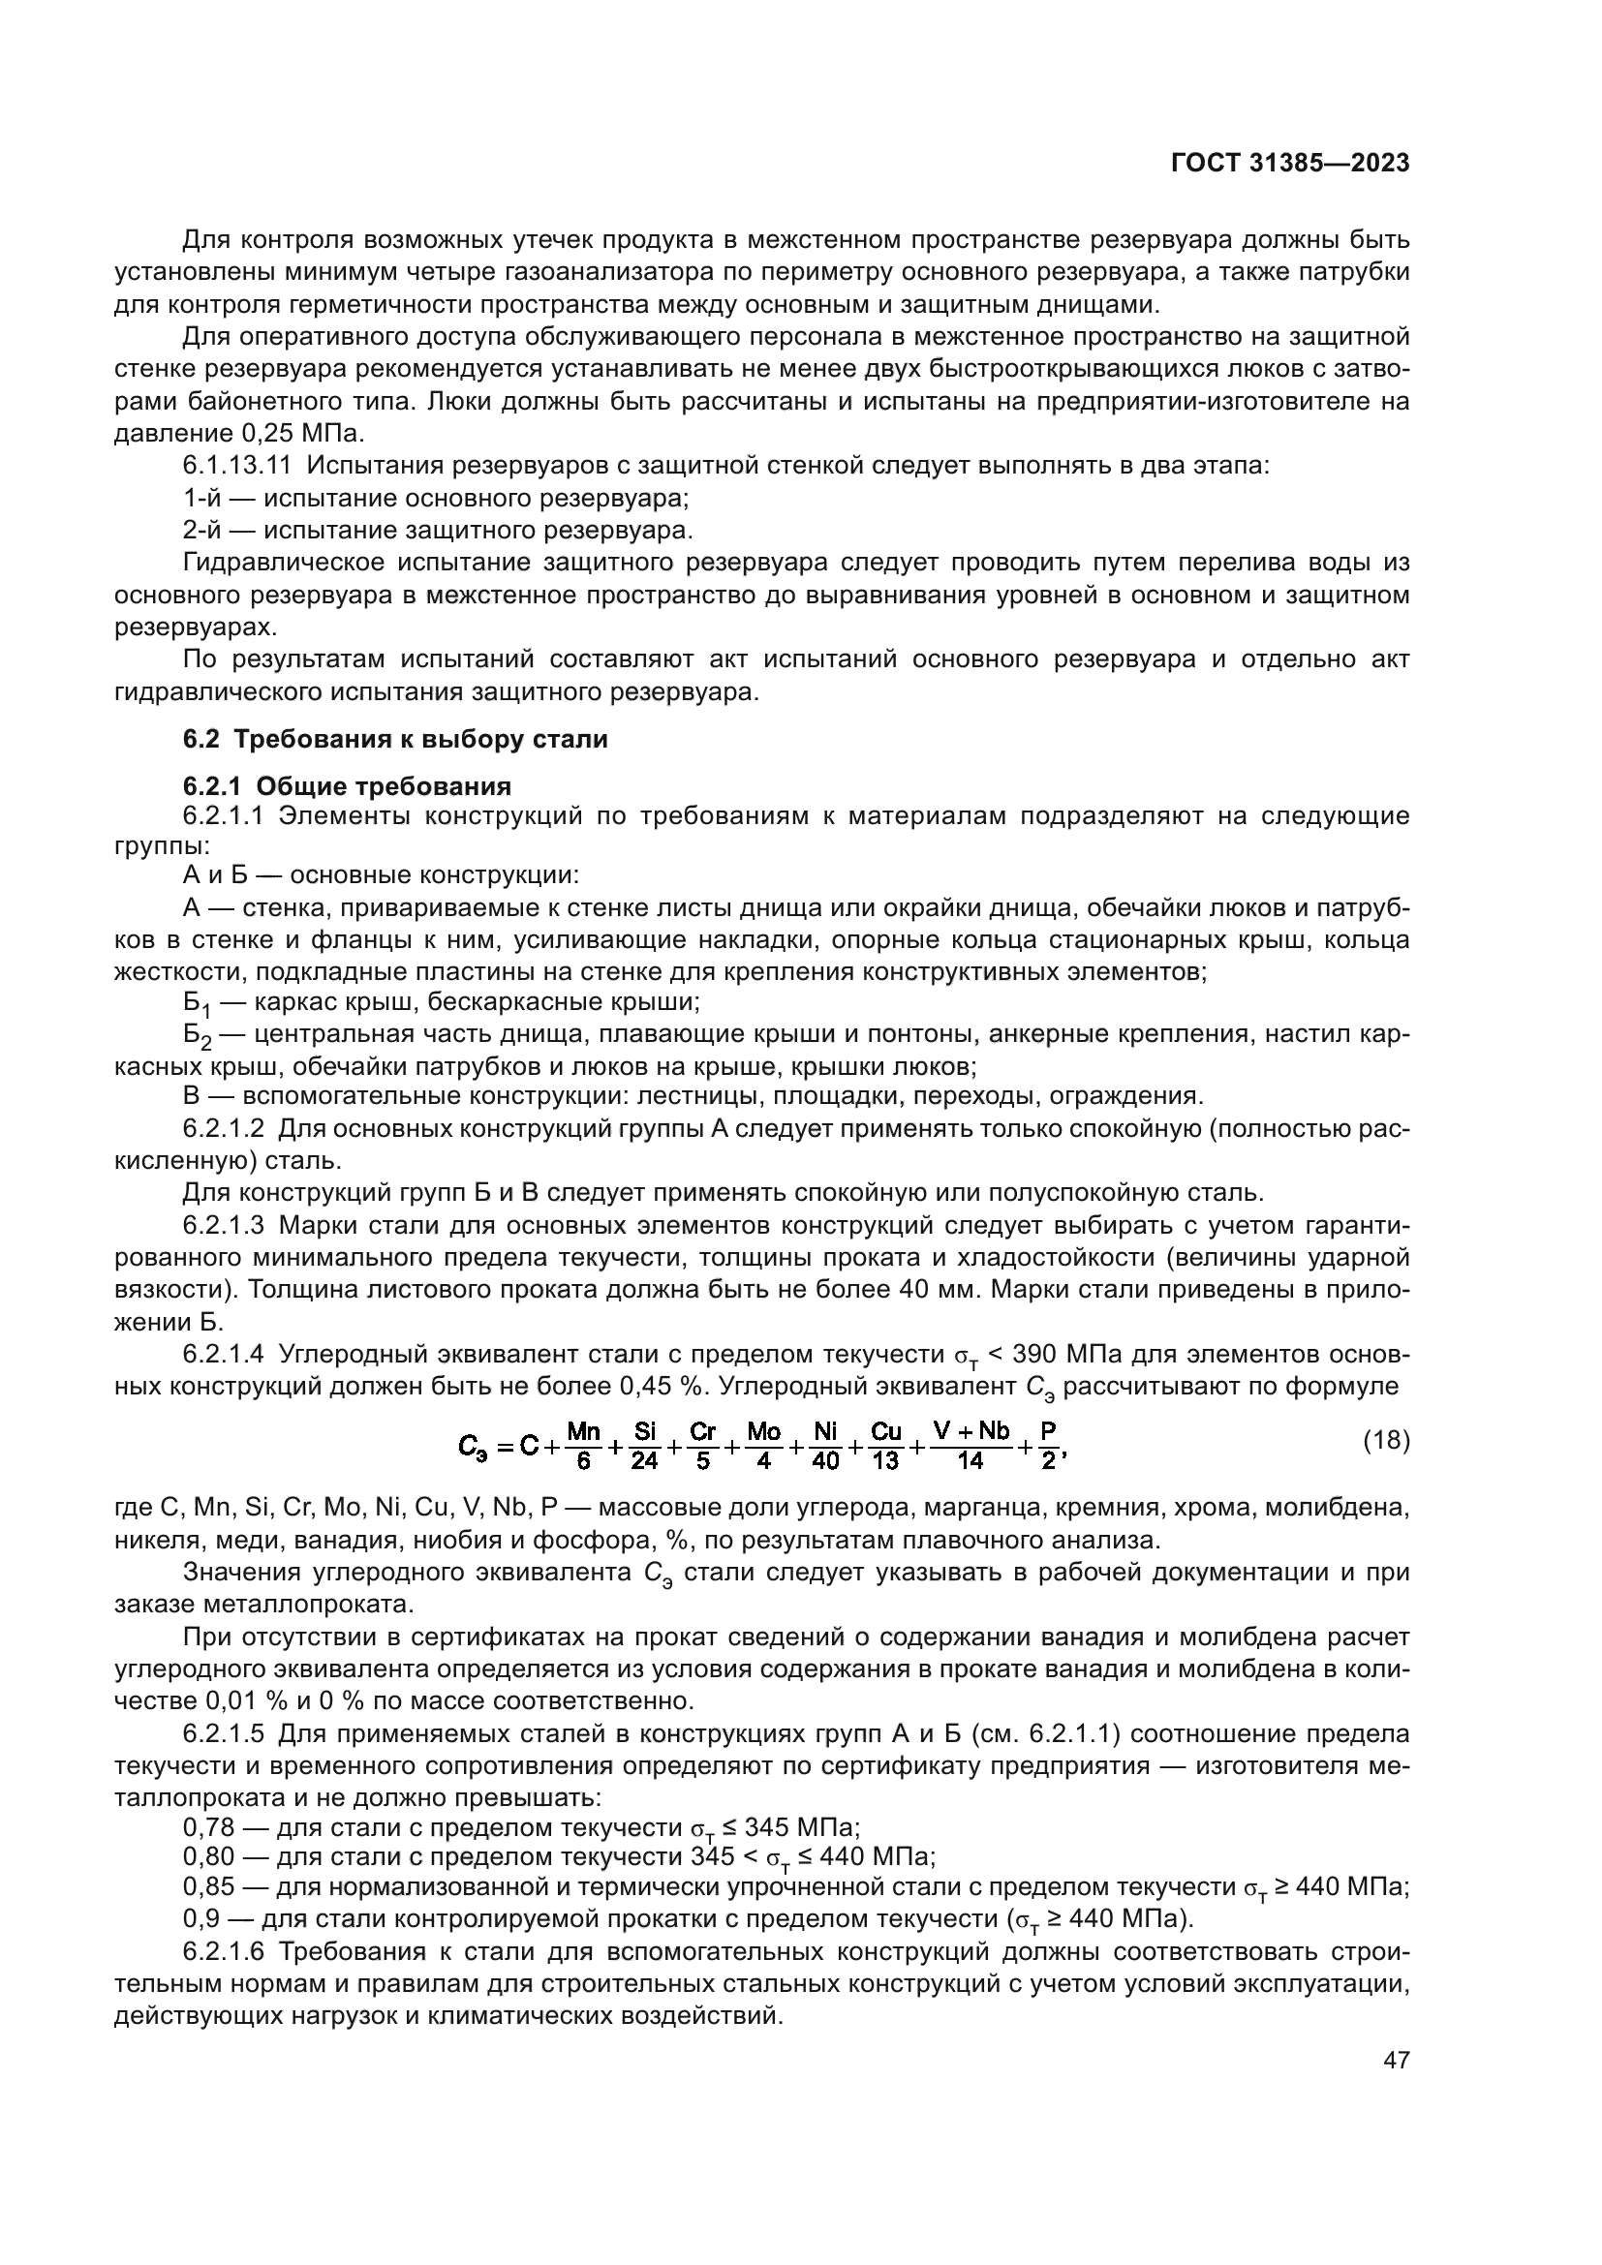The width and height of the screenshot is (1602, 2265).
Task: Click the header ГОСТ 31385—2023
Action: tap(1289, 163)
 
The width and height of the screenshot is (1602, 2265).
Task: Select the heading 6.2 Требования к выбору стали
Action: tap(395, 739)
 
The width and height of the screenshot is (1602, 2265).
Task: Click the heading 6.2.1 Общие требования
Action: tap(348, 786)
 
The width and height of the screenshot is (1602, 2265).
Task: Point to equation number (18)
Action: tap(1386, 1440)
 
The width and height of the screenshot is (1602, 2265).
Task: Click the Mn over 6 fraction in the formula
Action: tap(584, 1445)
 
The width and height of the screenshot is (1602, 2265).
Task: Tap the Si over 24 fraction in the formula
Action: tap(644, 1445)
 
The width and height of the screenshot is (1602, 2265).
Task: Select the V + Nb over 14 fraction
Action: tap(970, 1445)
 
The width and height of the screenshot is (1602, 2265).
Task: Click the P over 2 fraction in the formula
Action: tap(1048, 1445)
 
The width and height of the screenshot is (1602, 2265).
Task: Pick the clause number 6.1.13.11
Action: tap(236, 466)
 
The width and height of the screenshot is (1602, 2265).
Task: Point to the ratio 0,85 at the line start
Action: tap(208, 1887)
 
